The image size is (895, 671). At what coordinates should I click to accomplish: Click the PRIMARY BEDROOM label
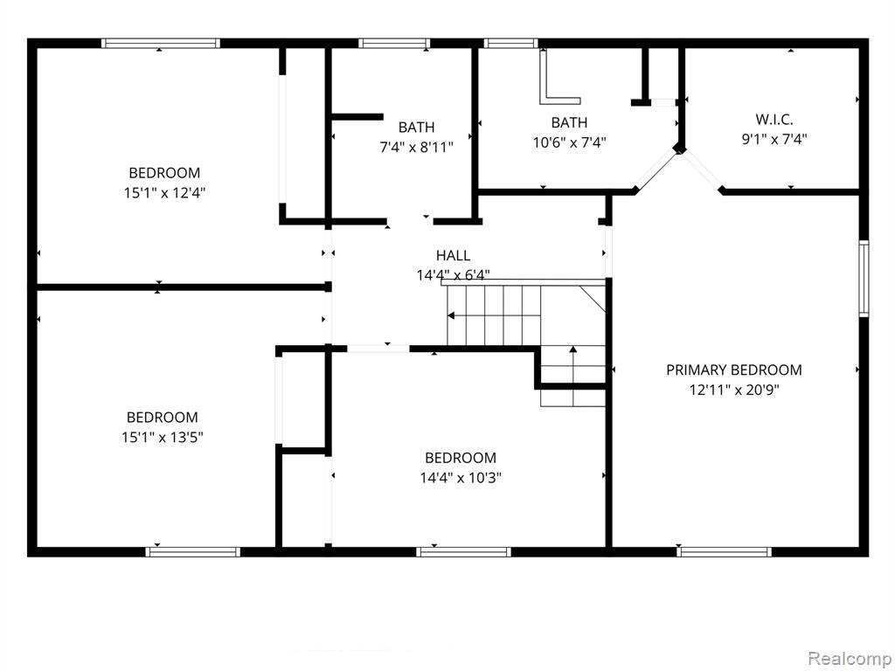734,370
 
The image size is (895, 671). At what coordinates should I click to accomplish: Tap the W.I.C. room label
774,120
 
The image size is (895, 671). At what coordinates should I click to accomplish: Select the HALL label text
454,256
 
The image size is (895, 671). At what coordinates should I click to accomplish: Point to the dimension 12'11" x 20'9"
734,391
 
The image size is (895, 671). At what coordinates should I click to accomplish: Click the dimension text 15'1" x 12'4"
164,193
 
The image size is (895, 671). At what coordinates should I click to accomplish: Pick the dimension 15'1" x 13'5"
163,438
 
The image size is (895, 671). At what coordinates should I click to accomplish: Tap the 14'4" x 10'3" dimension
461,478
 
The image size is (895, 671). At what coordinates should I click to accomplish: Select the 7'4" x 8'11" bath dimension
417,147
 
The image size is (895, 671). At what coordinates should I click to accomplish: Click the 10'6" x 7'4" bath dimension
569,142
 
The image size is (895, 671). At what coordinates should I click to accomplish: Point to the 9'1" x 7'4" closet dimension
774,139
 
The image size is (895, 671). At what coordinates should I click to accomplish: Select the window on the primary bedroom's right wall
864,279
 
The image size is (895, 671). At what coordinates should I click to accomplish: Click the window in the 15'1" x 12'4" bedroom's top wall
161,43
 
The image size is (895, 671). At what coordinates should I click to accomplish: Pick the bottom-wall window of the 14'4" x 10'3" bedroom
463,552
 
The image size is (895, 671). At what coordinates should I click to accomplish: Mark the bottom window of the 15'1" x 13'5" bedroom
192,552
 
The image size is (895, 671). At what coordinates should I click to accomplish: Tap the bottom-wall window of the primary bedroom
724,552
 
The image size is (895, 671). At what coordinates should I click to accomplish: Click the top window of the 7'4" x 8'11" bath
394,43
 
